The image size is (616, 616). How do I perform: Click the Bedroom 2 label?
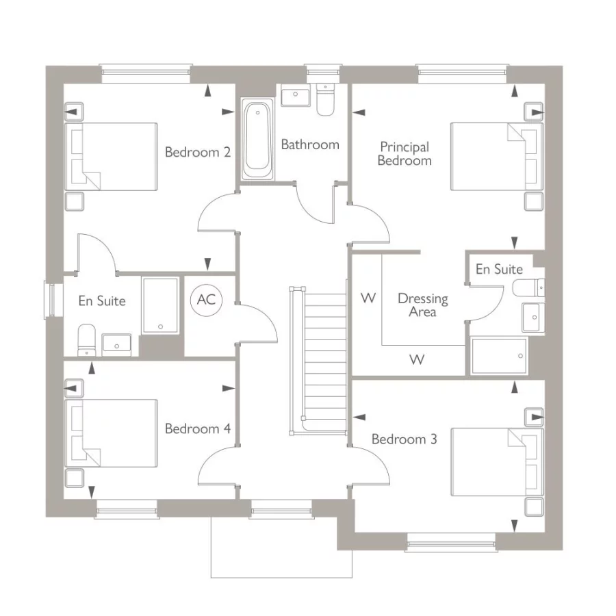pyautogui.click(x=197, y=152)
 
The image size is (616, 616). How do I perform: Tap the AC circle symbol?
pyautogui.click(x=206, y=300)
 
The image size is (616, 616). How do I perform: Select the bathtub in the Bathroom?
pyautogui.click(x=258, y=136)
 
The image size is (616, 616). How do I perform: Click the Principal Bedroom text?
pyautogui.click(x=405, y=154)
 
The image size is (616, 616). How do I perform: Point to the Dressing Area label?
pyautogui.click(x=423, y=305)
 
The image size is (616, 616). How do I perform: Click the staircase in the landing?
pyautogui.click(x=324, y=359)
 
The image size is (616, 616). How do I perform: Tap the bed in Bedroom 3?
pyautogui.click(x=496, y=462)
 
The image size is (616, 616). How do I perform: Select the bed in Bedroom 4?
pyautogui.click(x=111, y=433)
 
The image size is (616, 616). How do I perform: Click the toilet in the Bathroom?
pyautogui.click(x=325, y=99)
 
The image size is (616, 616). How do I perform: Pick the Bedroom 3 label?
pyautogui.click(x=404, y=439)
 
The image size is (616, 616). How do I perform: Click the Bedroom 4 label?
pyautogui.click(x=197, y=429)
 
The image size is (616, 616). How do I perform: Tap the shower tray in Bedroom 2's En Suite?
pyautogui.click(x=161, y=305)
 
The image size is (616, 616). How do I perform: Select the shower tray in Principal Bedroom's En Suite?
pyautogui.click(x=499, y=356)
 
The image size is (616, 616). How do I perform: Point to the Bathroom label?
pyautogui.click(x=310, y=144)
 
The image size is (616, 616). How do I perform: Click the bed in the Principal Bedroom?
pyautogui.click(x=496, y=156)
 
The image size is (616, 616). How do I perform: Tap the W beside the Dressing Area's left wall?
pyautogui.click(x=368, y=298)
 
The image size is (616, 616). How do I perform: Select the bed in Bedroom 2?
pyautogui.click(x=111, y=157)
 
